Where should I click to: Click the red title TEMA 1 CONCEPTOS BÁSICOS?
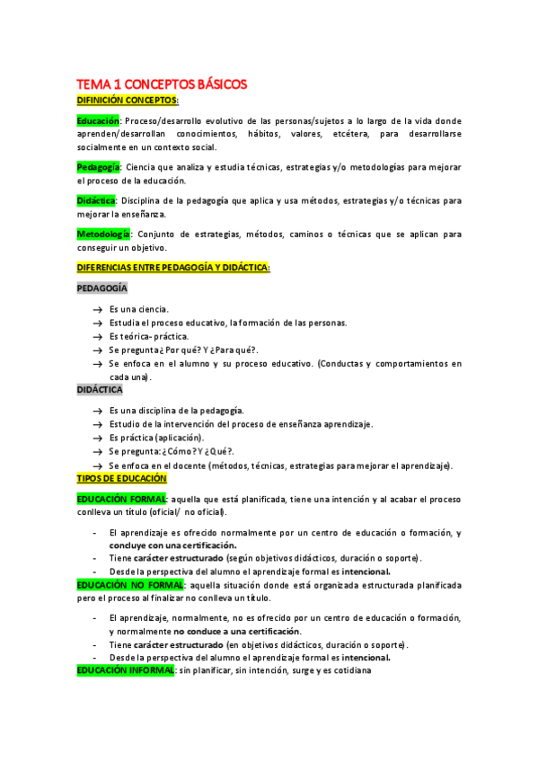[162, 84]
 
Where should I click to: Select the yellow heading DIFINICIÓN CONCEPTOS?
[128, 101]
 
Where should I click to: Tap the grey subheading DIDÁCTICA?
[100, 390]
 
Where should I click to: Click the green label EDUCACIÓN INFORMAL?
[126, 670]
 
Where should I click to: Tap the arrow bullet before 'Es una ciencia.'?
[96, 309]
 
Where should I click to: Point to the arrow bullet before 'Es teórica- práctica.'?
[96, 336]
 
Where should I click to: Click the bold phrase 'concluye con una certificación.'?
[173, 545]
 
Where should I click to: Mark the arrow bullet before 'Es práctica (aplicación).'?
[96, 438]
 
